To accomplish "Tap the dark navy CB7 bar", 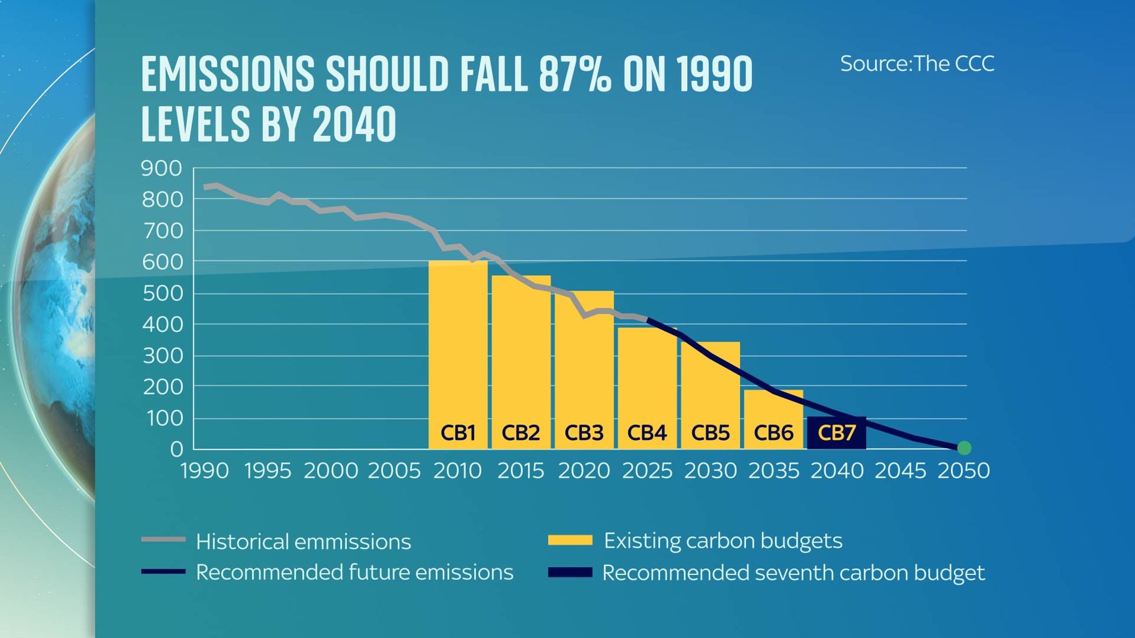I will coord(836,433).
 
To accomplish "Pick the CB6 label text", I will coord(773,433).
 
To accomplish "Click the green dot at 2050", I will coord(964,447).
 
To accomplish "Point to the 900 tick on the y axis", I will coord(161,168).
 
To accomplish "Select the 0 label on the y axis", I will coord(176,449).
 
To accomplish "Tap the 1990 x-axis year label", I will coord(204,471).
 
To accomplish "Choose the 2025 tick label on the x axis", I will coord(647,471).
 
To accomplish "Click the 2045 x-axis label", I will coord(900,471).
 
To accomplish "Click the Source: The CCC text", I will coord(917,64).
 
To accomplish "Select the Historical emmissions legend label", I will coord(303,542).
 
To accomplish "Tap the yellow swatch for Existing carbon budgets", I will coord(570,540).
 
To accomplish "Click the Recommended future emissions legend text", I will coord(355,572).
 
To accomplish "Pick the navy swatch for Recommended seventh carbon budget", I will coord(570,572).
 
